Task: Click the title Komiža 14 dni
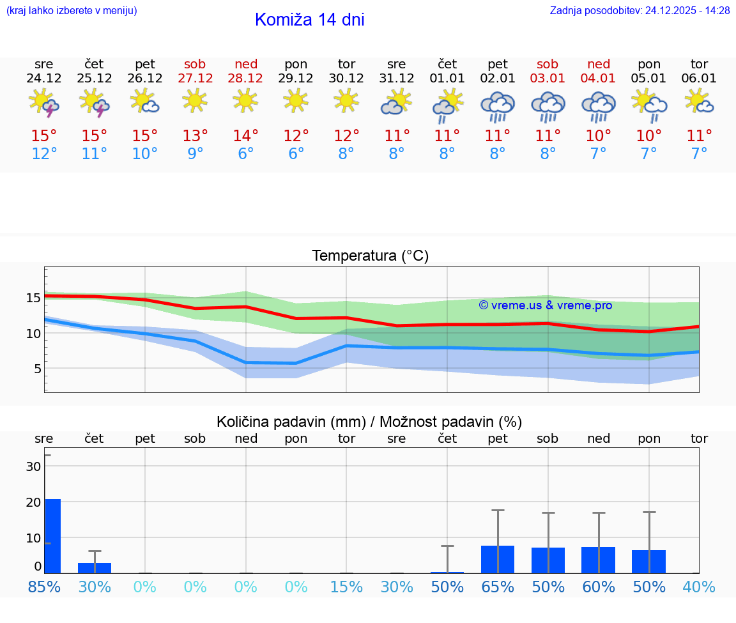309,20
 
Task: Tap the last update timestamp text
640,10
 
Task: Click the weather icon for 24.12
44,103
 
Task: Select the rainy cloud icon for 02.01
498,107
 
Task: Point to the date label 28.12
245,78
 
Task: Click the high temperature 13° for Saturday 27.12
195,136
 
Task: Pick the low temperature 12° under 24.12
44,154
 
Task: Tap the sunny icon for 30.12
346,100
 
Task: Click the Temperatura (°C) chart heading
370,256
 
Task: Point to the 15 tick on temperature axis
33,298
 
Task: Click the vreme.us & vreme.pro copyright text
545,305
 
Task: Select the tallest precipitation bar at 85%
52,535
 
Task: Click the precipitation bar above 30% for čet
95,567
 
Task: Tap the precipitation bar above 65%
498,559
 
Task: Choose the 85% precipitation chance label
44,587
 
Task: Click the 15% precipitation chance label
346,587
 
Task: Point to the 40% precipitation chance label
699,587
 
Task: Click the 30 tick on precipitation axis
33,466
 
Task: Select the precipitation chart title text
369,422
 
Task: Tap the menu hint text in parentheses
71,10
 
